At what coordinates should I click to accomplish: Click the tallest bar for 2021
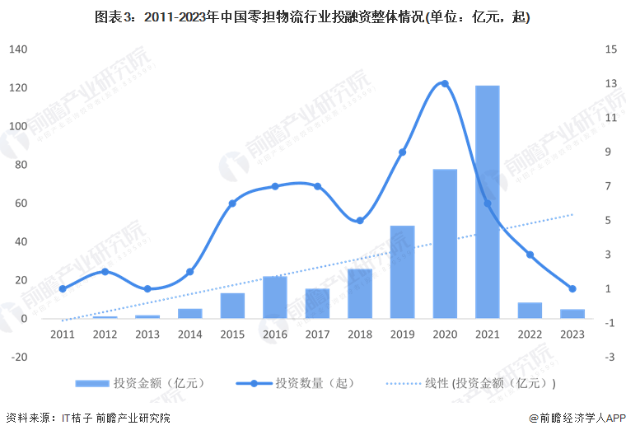487,202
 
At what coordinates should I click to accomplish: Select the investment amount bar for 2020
445,244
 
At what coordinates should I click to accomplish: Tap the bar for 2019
402,272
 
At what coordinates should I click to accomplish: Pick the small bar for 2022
530,310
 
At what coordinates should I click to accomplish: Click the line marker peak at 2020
445,83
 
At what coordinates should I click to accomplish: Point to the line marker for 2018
360,220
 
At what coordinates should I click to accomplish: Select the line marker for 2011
63,288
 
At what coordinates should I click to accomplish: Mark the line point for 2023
572,288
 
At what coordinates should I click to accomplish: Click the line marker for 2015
232,203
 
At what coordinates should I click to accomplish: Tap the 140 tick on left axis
19,49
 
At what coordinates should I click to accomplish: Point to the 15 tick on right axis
610,49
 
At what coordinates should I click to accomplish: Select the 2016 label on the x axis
274,334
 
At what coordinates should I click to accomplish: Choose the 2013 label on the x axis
147,334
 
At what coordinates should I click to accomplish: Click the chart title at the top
312,16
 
